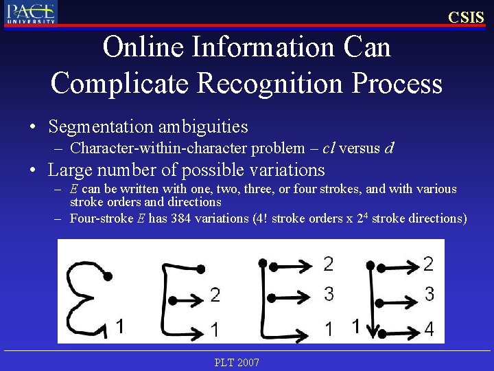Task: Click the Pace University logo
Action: click(30, 12)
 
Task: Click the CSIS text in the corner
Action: click(466, 17)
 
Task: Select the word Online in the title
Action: click(143, 47)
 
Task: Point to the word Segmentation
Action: click(100, 126)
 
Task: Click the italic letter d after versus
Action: click(390, 148)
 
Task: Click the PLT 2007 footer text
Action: click(237, 362)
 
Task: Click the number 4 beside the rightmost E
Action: click(429, 329)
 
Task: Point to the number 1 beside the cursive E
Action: click(120, 325)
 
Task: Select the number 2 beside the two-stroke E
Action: click(215, 295)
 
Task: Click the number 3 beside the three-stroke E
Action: click(329, 294)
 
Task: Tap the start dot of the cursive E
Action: click(108, 276)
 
